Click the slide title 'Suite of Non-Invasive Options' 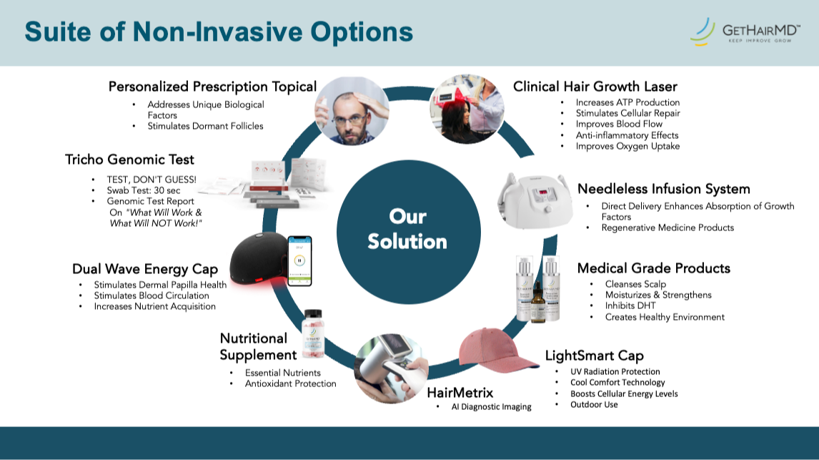pyautogui.click(x=219, y=32)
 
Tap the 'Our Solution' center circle pyautogui.click(x=407, y=229)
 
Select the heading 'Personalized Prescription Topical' pyautogui.click(x=212, y=87)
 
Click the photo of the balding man pyautogui.click(x=352, y=112)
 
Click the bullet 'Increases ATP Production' pyautogui.click(x=627, y=102)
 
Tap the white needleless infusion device pyautogui.click(x=535, y=200)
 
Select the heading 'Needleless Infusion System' pyautogui.click(x=663, y=189)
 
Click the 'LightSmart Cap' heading pyautogui.click(x=594, y=356)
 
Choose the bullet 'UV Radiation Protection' pyautogui.click(x=615, y=372)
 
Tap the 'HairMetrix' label pyautogui.click(x=460, y=392)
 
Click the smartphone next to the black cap pyautogui.click(x=300, y=260)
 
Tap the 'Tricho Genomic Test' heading pyautogui.click(x=129, y=159)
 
